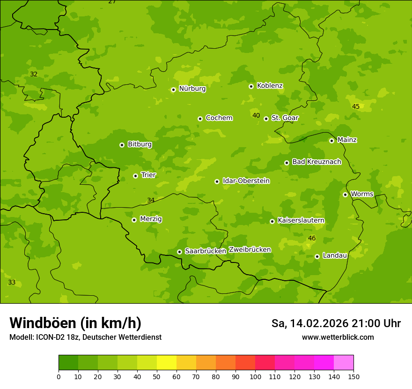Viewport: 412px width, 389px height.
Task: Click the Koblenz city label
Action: (270, 86)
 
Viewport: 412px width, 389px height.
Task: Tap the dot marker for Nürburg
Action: (173, 90)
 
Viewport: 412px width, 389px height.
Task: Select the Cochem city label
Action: (219, 118)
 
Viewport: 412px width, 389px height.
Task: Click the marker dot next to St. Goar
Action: (266, 119)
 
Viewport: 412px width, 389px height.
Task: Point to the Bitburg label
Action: (140, 144)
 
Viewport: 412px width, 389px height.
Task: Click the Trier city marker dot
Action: (135, 176)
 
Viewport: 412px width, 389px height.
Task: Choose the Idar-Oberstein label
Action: (246, 181)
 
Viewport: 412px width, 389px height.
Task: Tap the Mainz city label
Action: (347, 140)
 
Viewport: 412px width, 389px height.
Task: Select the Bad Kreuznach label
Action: (316, 162)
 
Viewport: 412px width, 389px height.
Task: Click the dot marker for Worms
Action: (345, 194)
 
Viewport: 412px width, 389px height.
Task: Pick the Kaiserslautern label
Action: (301, 221)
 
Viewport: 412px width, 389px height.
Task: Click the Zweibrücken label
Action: (250, 250)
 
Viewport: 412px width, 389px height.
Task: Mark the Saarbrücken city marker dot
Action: (179, 252)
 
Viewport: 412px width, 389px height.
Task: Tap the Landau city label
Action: (335, 256)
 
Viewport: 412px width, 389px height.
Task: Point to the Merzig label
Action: (151, 219)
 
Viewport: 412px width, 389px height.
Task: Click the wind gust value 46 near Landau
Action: (312, 239)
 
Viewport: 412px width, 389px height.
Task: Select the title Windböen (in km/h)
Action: (75, 323)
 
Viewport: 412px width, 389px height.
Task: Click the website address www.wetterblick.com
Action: (338, 337)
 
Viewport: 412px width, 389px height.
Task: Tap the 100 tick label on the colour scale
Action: (255, 376)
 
